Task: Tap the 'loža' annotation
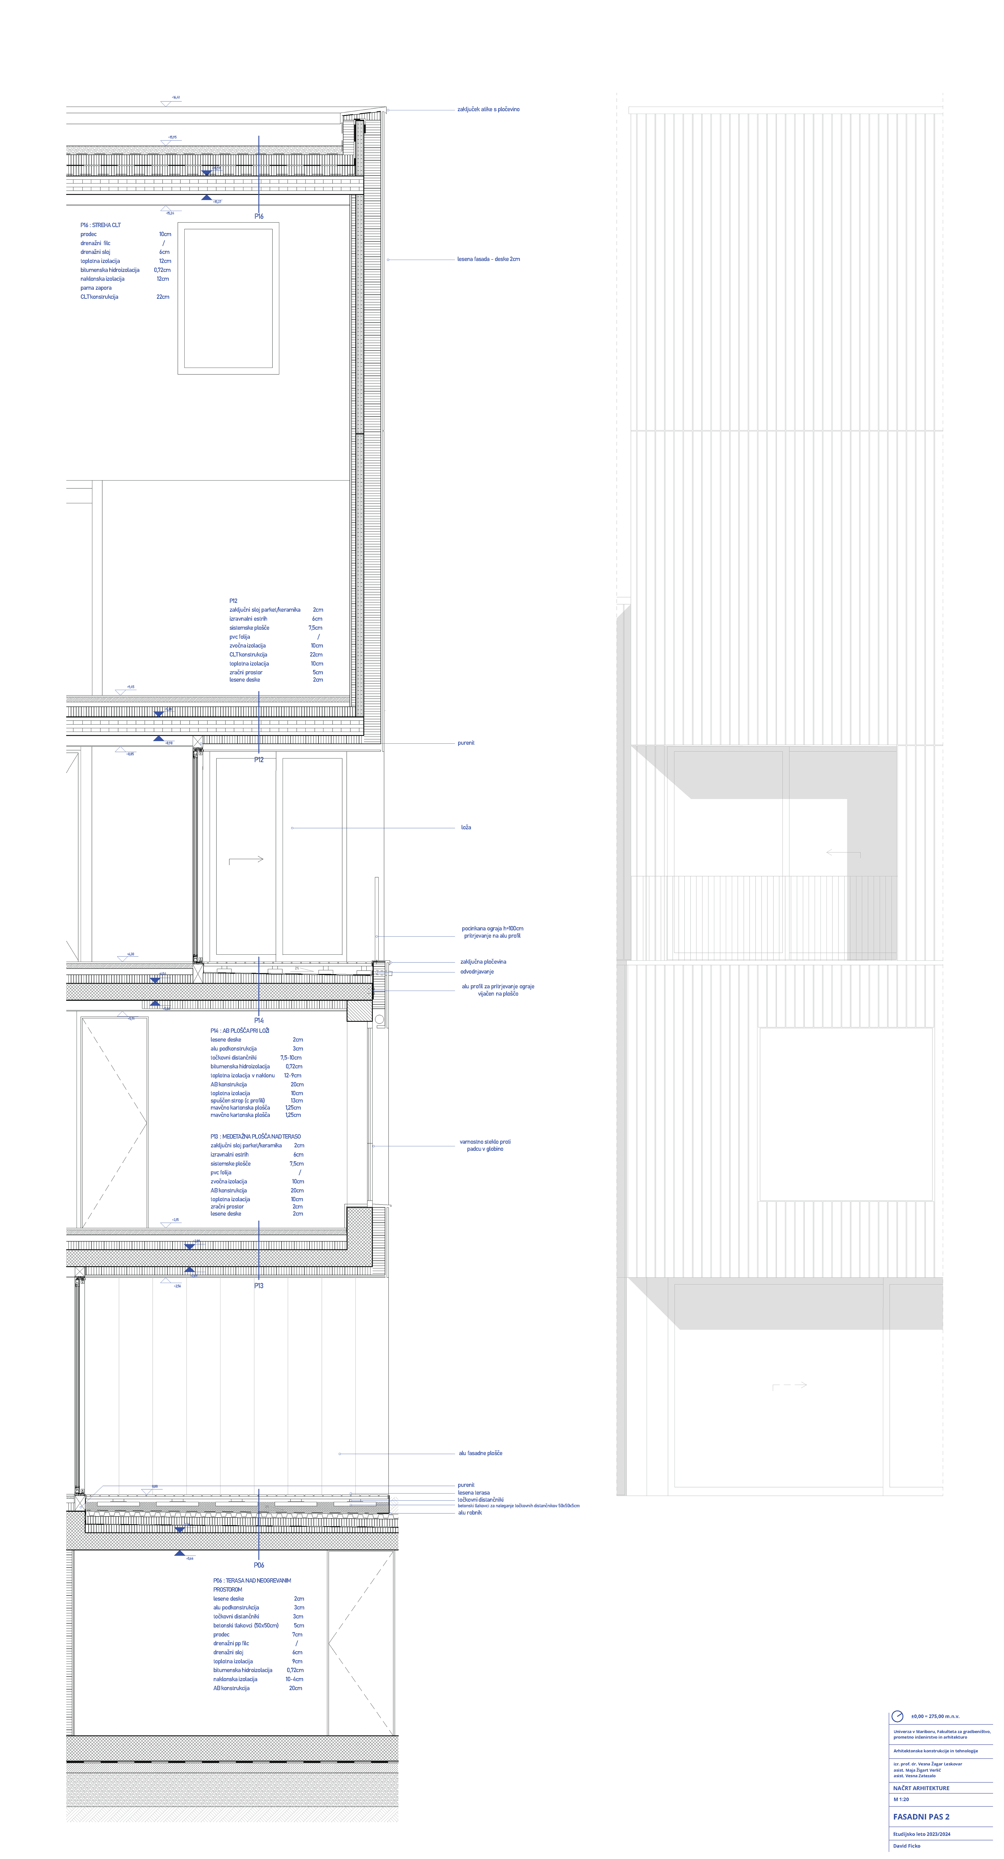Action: [x=466, y=828]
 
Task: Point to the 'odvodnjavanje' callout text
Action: [x=477, y=971]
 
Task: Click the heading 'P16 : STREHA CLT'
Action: [x=100, y=225]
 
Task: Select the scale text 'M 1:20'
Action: [x=901, y=1799]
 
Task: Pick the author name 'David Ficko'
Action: [x=906, y=1845]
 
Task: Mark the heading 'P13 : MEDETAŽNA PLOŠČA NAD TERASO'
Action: [x=255, y=1137]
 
